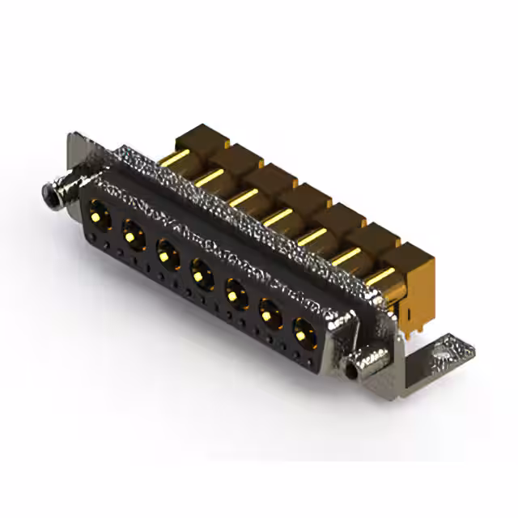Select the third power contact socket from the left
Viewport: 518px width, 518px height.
click(168, 257)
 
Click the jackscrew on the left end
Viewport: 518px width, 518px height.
click(53, 194)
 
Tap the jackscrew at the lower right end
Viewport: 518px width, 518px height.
click(356, 371)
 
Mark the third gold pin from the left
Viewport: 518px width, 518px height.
click(242, 197)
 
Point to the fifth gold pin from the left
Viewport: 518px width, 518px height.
click(312, 237)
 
